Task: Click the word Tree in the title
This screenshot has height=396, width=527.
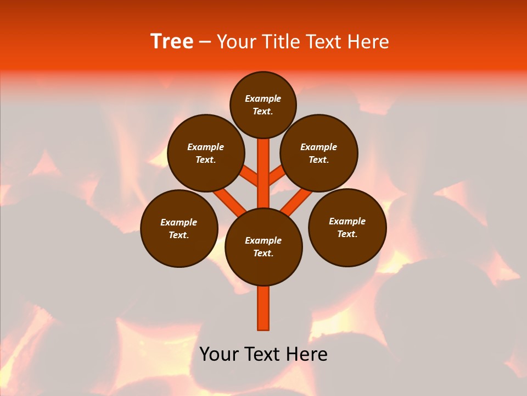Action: coord(172,42)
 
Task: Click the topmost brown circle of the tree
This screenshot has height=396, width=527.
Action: coord(263,105)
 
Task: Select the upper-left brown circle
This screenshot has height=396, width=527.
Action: coord(205,153)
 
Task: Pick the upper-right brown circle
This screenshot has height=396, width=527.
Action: coord(319,153)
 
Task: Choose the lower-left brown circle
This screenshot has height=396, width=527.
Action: coord(179,228)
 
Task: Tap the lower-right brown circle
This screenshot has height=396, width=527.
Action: coord(347,227)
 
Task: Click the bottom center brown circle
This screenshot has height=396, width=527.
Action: coord(263,247)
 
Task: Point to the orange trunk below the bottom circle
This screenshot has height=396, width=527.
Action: coord(263,308)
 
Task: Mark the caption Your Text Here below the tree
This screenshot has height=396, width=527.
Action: coord(263,354)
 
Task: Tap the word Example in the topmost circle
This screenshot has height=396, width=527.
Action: coord(263,98)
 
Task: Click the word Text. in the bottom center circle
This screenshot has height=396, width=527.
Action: coord(263,254)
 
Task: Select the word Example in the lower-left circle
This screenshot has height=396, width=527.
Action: coord(178,222)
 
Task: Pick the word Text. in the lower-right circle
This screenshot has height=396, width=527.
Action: coord(347,234)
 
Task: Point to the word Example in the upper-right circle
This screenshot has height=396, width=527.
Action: coord(318,147)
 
